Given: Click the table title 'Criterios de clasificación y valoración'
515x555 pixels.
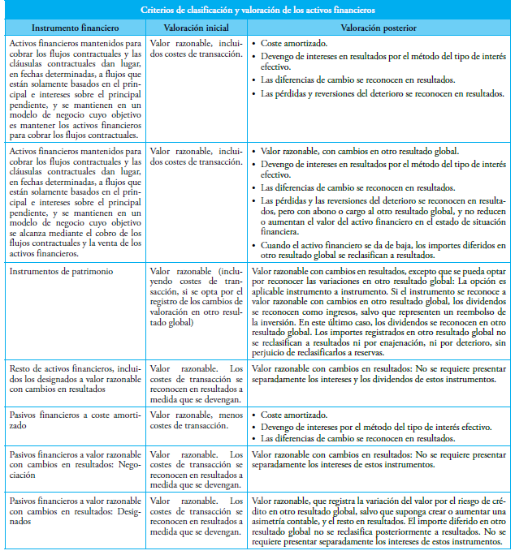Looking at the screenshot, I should (257, 11).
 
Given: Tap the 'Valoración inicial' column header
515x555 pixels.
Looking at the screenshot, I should (196, 27).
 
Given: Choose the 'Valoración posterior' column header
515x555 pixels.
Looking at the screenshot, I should (379, 27).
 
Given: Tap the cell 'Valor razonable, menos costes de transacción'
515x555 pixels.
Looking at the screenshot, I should (196, 420).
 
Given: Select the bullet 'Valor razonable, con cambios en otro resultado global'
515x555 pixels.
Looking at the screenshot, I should (358, 151).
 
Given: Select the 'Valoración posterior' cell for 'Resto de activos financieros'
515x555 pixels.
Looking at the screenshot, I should (379, 374).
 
